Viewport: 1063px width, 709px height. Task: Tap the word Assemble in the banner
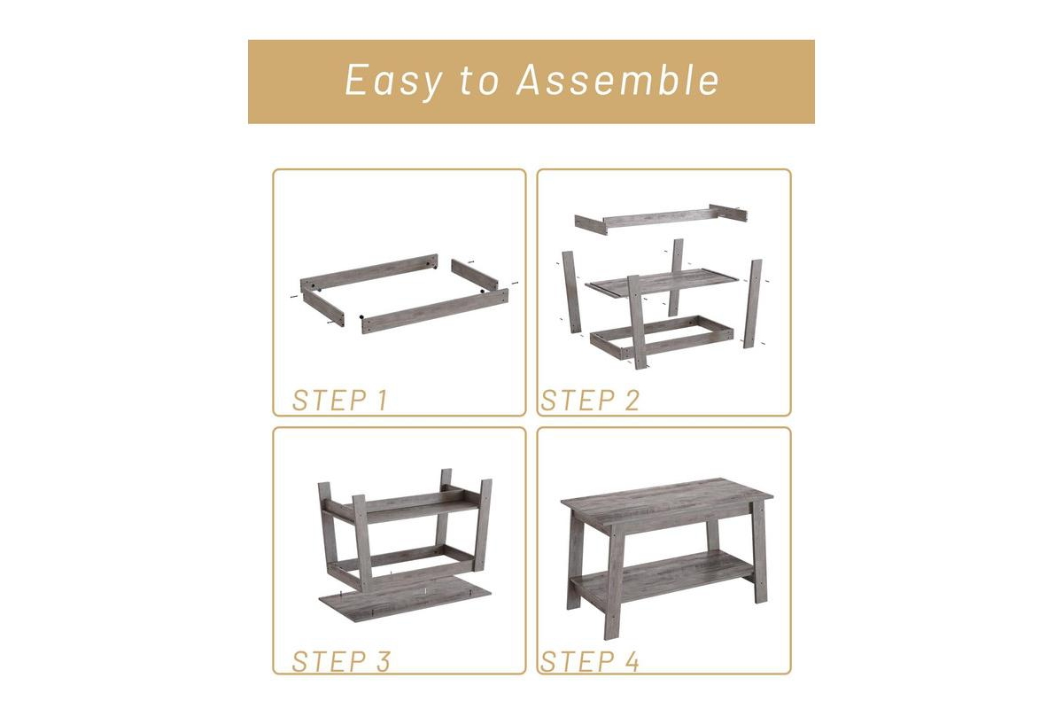coord(618,79)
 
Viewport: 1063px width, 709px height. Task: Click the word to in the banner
coord(479,81)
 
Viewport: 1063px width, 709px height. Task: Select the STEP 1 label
coord(340,400)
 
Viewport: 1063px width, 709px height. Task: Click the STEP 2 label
coord(590,400)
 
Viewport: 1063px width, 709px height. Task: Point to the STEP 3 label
coord(341,661)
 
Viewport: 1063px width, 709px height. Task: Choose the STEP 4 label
coord(589,661)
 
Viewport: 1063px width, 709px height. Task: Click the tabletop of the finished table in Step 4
coord(667,503)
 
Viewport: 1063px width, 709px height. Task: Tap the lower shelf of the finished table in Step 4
coord(662,577)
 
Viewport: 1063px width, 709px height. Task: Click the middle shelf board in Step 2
coord(662,283)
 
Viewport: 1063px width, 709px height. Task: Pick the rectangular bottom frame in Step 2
coord(662,337)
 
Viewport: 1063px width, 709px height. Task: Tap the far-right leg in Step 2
coord(753,303)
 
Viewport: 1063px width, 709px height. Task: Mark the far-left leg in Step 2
coord(572,292)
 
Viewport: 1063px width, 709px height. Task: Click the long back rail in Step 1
coord(369,273)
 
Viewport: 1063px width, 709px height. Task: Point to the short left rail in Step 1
coord(323,308)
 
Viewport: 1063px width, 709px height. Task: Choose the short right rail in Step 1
coord(475,274)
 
